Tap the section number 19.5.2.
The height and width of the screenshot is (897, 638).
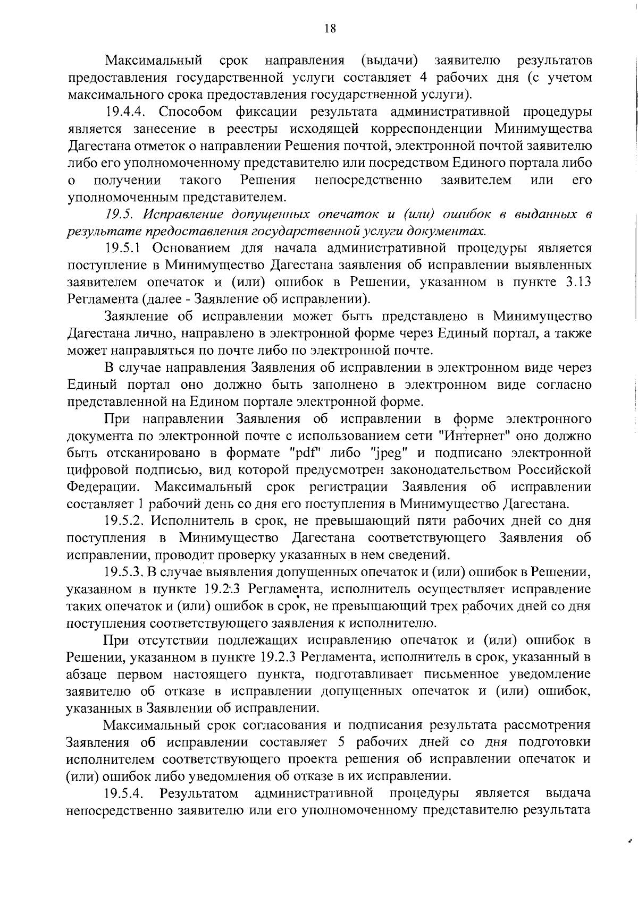click(125, 521)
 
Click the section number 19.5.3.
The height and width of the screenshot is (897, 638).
click(125, 573)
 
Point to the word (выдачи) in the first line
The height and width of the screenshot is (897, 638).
click(392, 61)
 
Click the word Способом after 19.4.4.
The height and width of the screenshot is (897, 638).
click(190, 112)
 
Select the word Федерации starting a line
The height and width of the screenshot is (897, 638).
click(104, 487)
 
